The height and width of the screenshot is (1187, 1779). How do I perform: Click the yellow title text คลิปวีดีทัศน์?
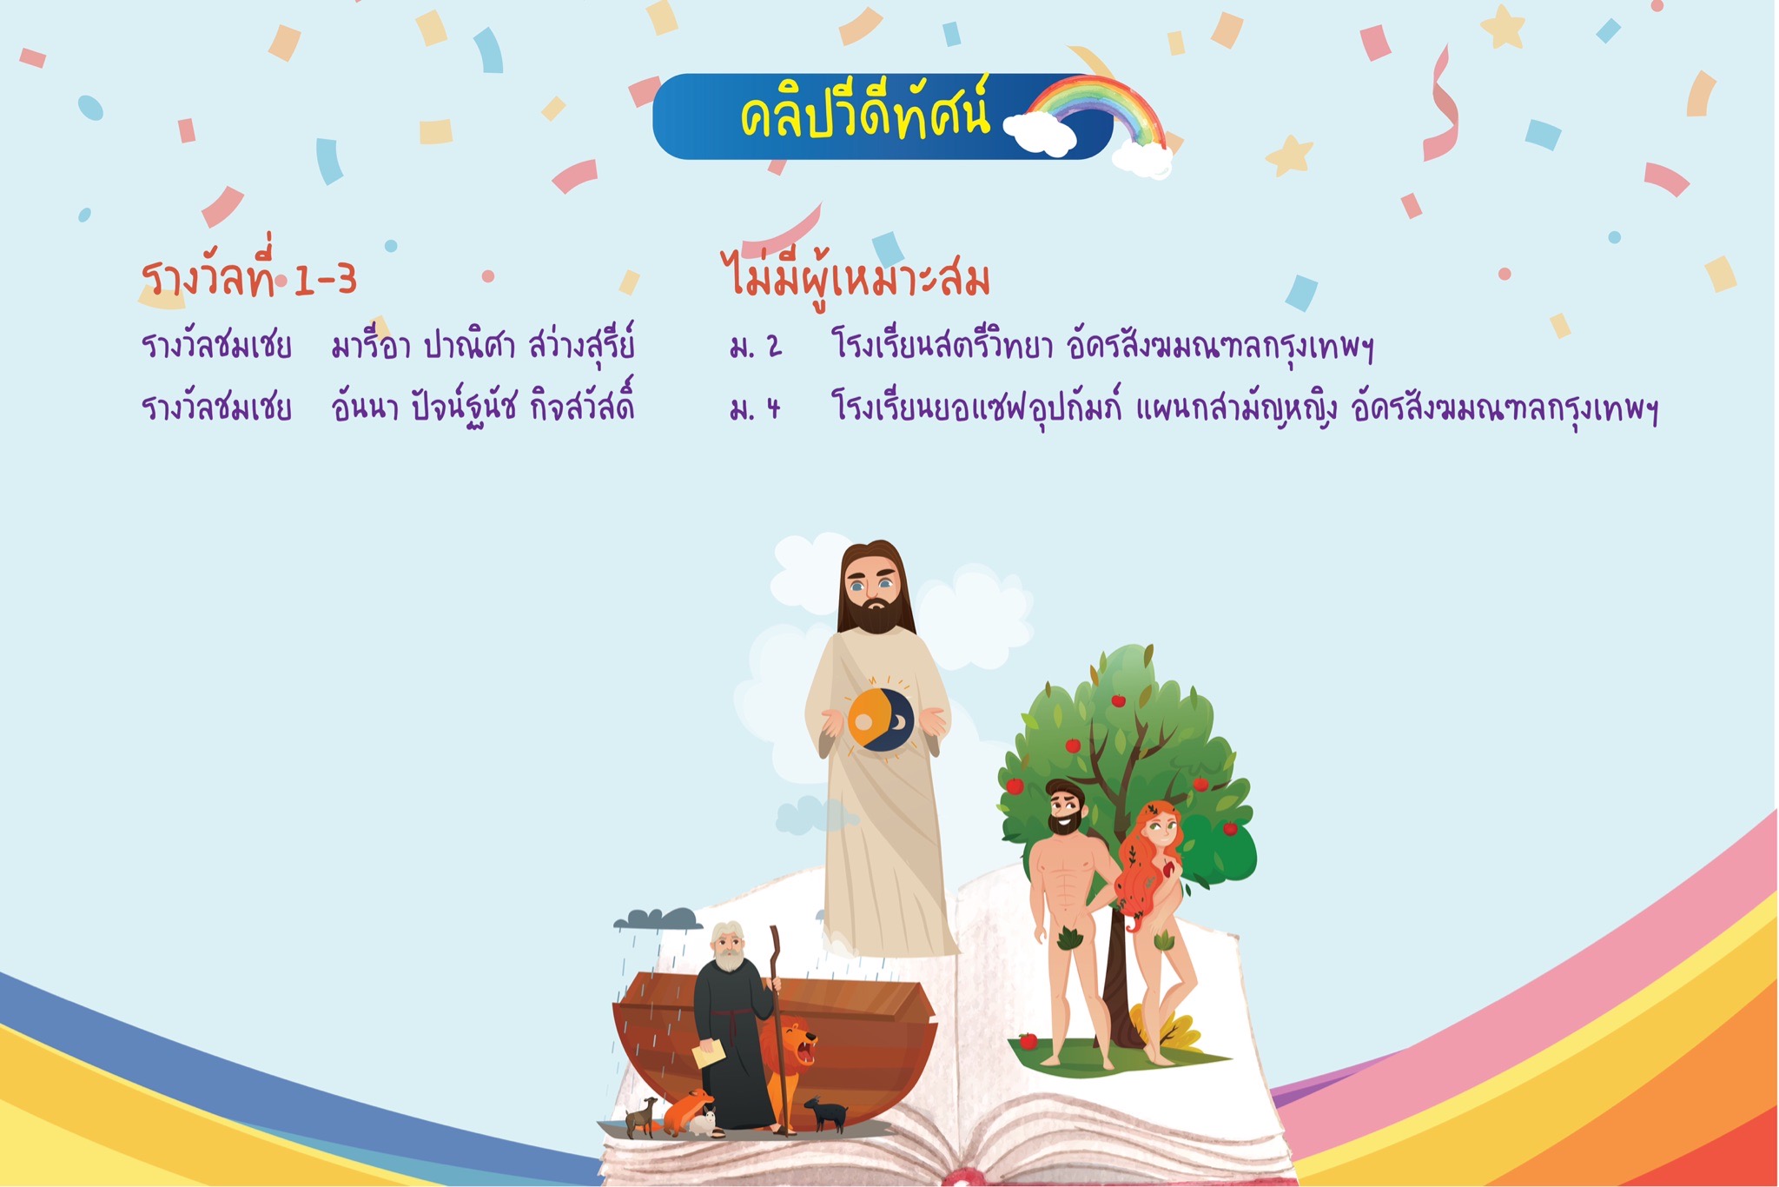pos(864,115)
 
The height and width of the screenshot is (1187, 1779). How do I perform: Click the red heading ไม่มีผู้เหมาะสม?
pos(856,276)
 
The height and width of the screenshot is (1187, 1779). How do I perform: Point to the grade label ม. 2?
pos(756,347)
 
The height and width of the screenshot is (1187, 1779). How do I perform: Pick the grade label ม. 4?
pos(756,407)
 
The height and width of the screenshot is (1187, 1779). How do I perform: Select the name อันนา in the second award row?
pos(364,406)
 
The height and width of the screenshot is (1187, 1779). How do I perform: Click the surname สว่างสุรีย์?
pos(582,345)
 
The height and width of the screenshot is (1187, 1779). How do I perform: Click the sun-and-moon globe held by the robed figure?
pos(880,719)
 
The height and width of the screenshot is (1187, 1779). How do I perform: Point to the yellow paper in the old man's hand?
pos(709,1054)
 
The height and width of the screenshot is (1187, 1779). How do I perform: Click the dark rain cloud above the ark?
pos(658,918)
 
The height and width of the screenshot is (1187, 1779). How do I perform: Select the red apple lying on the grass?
pos(1028,1041)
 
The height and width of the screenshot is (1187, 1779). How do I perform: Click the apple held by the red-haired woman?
pos(1169,867)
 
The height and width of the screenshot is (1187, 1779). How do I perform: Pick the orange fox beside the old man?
pos(686,1111)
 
